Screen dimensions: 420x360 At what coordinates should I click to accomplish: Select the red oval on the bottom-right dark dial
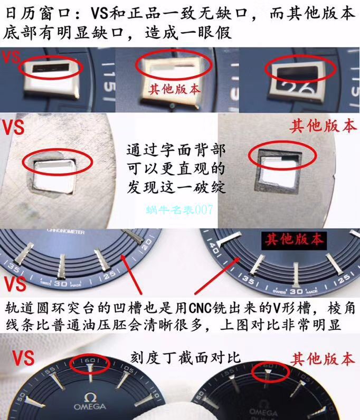(x=270, y=373)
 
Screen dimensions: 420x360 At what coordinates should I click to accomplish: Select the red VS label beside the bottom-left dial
(x=16, y=359)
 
